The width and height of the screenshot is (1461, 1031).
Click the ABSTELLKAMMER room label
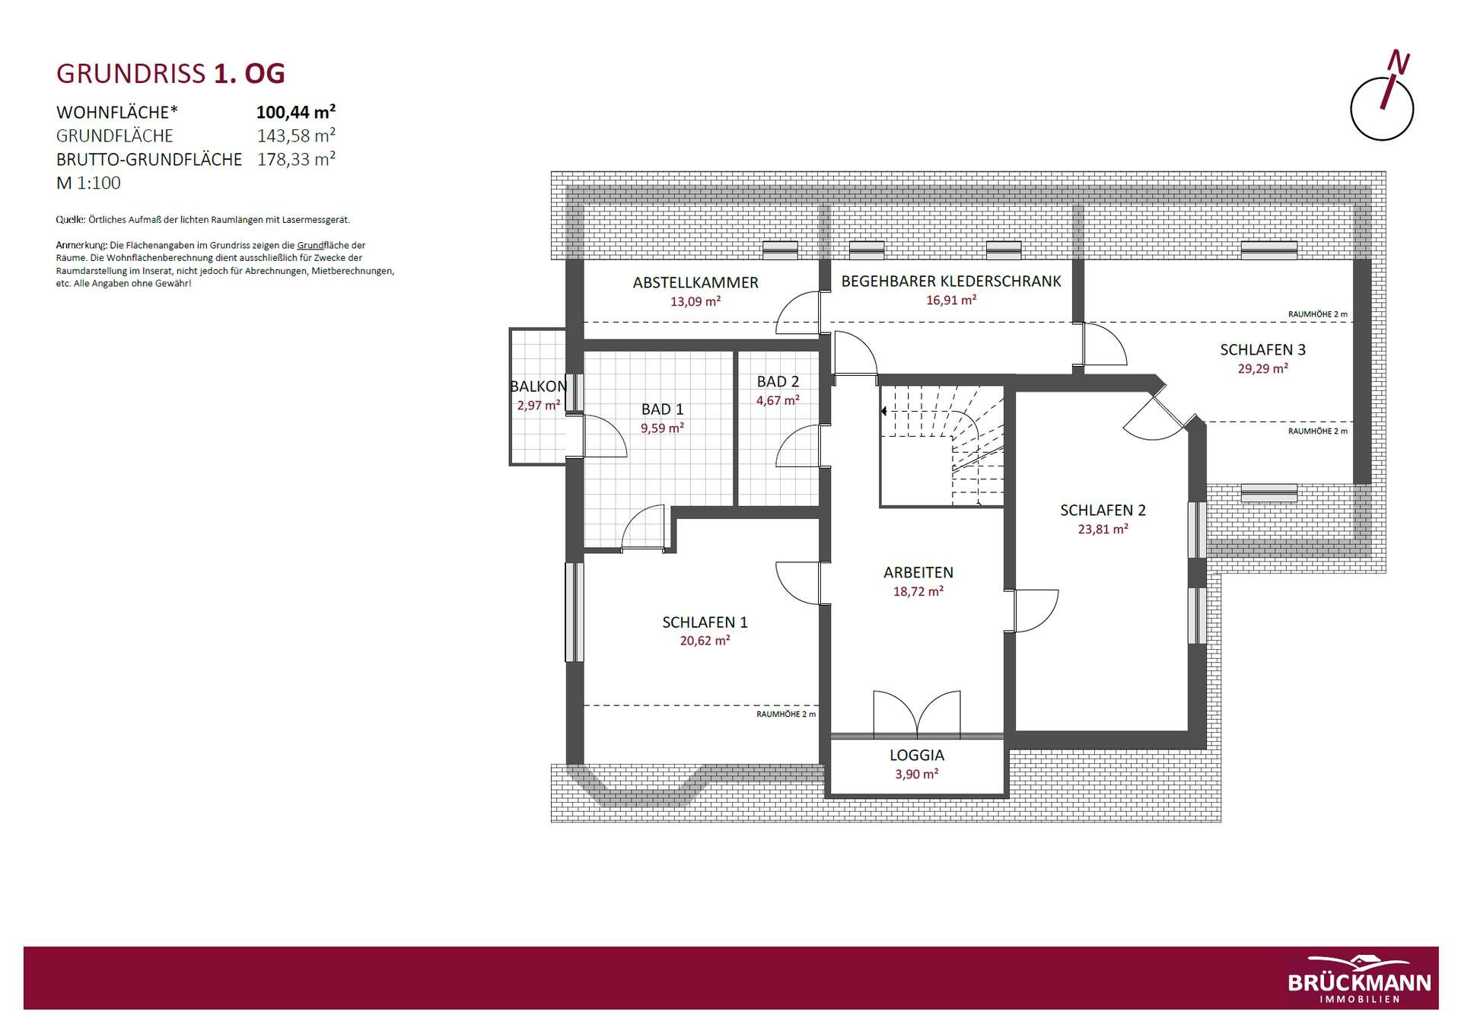[x=695, y=283]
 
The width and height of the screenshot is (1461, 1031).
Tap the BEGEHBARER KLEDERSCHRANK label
[x=950, y=282]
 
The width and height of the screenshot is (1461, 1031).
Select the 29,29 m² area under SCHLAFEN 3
[x=1262, y=368]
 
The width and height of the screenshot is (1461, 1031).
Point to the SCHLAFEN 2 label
[x=1103, y=511]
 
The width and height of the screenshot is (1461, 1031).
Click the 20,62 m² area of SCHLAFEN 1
[x=705, y=641]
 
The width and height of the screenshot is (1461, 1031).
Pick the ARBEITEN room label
[x=918, y=573]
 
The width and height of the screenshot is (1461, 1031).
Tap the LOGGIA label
[x=916, y=756]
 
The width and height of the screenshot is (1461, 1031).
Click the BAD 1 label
[x=662, y=409]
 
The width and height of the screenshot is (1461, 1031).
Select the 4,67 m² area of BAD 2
[x=777, y=400]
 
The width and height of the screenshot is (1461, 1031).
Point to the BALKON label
[x=539, y=387]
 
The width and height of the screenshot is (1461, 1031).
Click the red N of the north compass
[x=1399, y=62]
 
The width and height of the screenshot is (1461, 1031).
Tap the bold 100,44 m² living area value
[x=296, y=113]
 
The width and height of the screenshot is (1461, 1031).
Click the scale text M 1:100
[x=88, y=183]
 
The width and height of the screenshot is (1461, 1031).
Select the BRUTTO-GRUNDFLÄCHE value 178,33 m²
[x=296, y=159]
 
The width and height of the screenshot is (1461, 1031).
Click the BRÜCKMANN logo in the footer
[x=1359, y=979]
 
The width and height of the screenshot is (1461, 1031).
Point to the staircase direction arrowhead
[x=883, y=412]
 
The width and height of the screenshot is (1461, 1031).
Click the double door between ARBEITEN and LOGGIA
[x=917, y=714]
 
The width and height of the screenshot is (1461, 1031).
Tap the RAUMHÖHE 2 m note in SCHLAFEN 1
[x=785, y=714]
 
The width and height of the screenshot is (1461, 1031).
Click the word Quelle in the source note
[x=70, y=220]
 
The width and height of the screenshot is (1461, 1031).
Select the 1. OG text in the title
[x=249, y=74]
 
